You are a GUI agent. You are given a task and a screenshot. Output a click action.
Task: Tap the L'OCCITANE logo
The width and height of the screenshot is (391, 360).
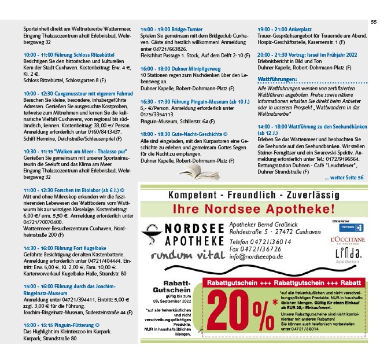click(347, 239)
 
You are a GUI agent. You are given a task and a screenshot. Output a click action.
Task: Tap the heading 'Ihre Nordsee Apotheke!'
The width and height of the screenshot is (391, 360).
click(252, 208)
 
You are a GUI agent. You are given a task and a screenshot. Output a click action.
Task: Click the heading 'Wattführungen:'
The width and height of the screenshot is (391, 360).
click(278, 78)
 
